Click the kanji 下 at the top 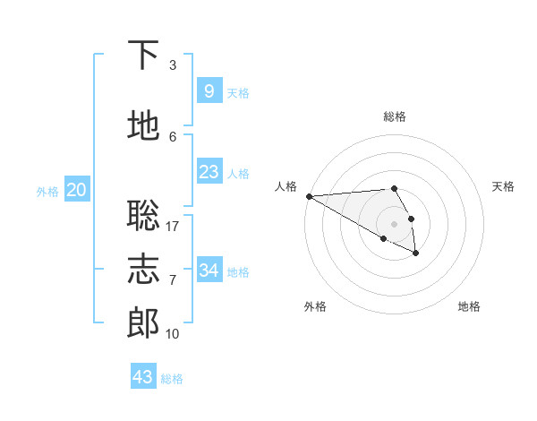143,56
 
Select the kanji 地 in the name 143,125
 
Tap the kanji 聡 143,215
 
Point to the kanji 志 143,269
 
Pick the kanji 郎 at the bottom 143,323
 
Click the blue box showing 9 209,91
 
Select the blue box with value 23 209,172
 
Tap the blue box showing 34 209,271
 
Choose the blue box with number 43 143,376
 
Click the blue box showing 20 77,190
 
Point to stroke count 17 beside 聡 173,226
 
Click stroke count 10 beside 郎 173,334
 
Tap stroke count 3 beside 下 173,65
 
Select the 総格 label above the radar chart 394,116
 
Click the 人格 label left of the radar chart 286,186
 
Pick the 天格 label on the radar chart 503,186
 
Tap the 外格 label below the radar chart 315,306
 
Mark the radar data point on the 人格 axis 309,196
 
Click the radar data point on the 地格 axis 416,253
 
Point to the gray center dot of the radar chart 394,223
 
